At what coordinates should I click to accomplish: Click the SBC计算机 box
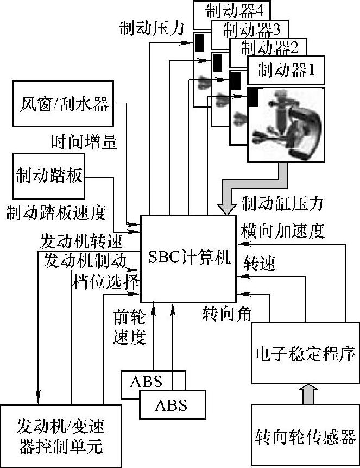coord(188,258)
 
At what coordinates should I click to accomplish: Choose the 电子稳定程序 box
coord(306,354)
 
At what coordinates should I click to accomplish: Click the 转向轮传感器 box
coord(306,436)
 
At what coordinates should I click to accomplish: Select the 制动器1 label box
coord(286,70)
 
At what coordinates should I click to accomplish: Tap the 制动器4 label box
coord(232,10)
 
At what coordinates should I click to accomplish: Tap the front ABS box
coord(172,405)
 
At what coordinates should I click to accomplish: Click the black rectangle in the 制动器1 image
coord(254,98)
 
